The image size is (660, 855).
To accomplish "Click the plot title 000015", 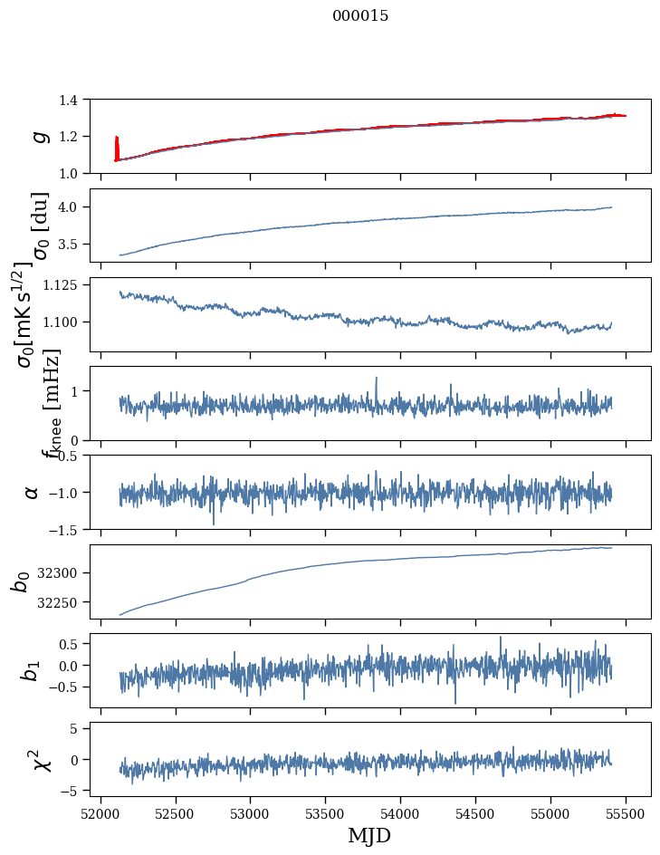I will (x=360, y=16).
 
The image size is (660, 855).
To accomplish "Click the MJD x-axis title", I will (x=369, y=835).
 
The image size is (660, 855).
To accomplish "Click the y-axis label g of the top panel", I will (x=38, y=136).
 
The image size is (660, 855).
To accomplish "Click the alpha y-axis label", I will (x=32, y=492).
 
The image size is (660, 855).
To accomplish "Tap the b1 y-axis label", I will (x=32, y=670).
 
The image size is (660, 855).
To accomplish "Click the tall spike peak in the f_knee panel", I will (x=376, y=378).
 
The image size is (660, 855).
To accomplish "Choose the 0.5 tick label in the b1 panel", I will (x=78, y=644).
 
